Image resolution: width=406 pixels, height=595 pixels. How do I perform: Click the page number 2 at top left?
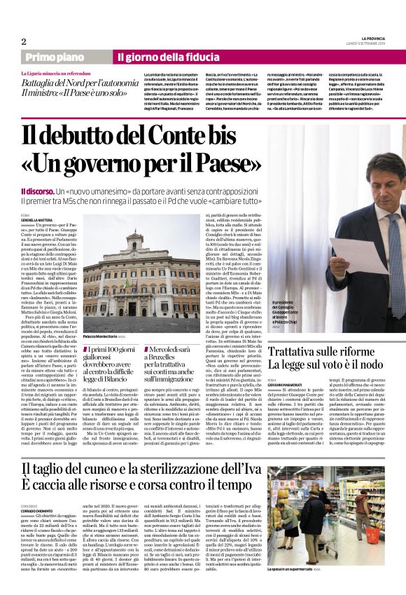click(24, 41)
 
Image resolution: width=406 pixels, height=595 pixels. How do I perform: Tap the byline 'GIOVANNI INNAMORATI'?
click(308, 381)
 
